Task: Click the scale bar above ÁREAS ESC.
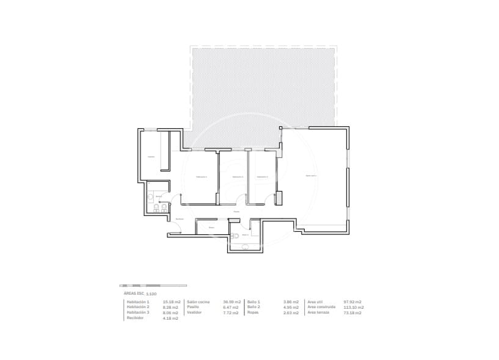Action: tap(153, 286)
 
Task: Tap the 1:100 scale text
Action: tap(151, 294)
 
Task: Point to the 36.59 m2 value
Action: tap(231, 302)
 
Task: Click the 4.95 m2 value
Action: tap(291, 307)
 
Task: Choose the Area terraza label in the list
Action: tap(318, 312)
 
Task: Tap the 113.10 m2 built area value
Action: tap(352, 307)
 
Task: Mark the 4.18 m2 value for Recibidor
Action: tap(170, 318)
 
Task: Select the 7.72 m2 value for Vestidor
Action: tap(231, 312)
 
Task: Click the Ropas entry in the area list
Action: tap(253, 312)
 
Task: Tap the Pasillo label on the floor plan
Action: tap(236, 212)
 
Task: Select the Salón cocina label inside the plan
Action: tap(311, 176)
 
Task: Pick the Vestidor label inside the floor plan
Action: tap(151, 157)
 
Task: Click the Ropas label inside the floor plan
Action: tap(211, 228)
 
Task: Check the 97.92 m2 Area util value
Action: tap(352, 302)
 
